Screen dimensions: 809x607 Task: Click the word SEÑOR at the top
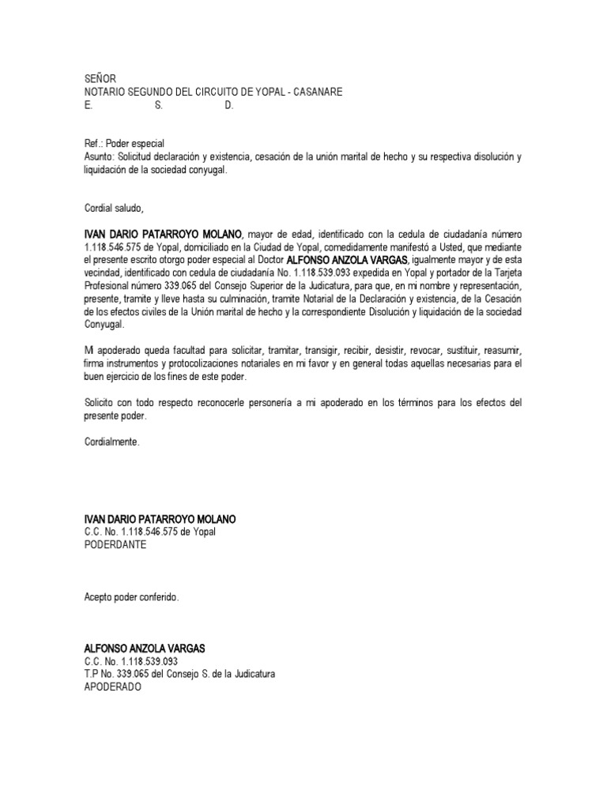pyautogui.click(x=100, y=79)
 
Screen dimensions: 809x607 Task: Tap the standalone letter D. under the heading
pyautogui.click(x=229, y=105)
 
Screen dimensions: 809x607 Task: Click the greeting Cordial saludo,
pyautogui.click(x=114, y=209)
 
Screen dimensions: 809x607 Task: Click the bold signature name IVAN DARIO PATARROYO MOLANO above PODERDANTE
pyautogui.click(x=160, y=519)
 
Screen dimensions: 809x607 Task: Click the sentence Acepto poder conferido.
pyautogui.click(x=131, y=597)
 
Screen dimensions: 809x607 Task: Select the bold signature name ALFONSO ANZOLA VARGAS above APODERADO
pyautogui.click(x=144, y=649)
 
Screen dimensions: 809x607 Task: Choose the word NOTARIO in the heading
pyautogui.click(x=106, y=92)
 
